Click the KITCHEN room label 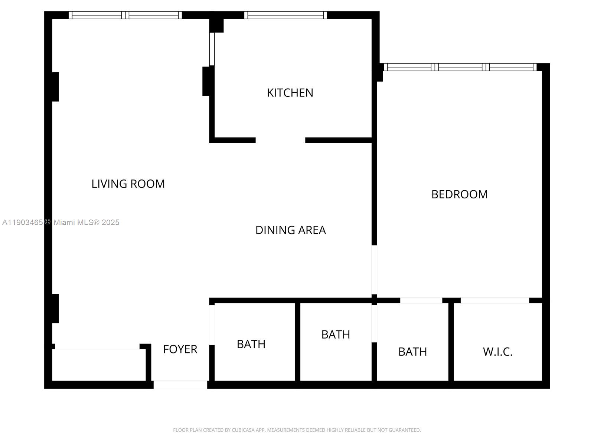290,93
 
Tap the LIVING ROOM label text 128,184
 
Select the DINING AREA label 290,230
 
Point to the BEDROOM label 459,194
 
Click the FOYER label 180,349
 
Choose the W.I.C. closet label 497,352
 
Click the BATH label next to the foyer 251,344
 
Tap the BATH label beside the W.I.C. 412,352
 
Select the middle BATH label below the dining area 336,334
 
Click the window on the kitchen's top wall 285,15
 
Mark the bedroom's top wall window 460,67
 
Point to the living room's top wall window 125,15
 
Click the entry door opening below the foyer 180,385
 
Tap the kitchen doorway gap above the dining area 280,140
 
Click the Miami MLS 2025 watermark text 61,222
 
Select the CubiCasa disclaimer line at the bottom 297,430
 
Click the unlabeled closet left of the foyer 98,365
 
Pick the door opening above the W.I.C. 495,300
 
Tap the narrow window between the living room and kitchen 212,49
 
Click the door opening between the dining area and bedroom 374,270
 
